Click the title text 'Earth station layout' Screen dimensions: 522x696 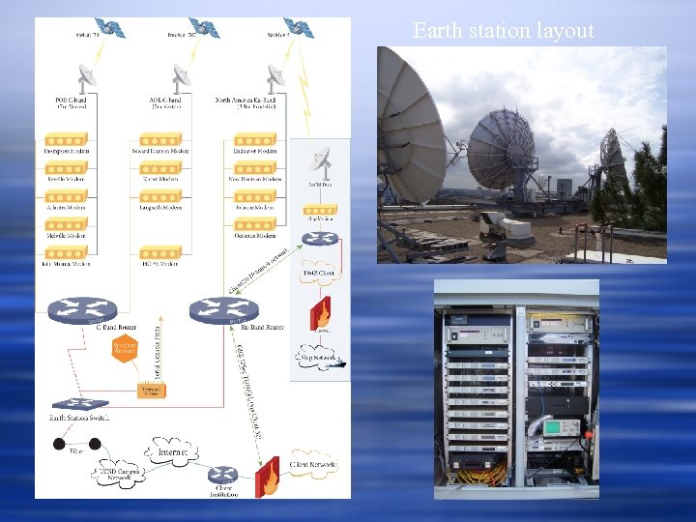(503, 31)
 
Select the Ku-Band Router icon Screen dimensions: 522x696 (224, 310)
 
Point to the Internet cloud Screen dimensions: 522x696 (171, 451)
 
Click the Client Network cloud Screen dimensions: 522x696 (311, 467)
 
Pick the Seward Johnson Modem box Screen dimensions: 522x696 (161, 151)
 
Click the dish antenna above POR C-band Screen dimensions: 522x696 (86, 75)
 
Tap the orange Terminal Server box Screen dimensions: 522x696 (153, 391)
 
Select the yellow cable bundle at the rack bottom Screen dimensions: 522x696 (480, 473)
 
